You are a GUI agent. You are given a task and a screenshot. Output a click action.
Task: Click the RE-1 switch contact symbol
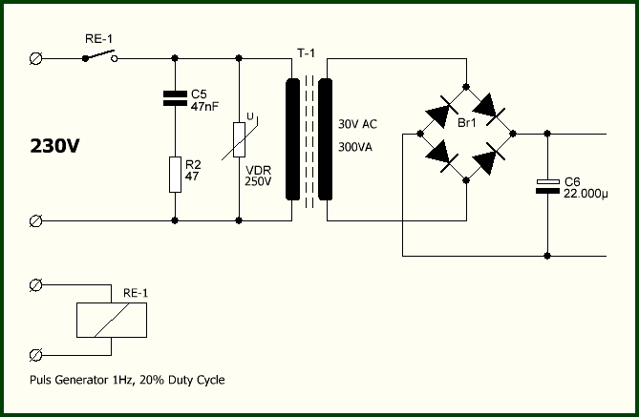pos(100,56)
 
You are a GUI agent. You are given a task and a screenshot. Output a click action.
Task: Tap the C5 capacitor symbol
pos(175,98)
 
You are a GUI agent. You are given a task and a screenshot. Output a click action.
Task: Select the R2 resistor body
pos(175,175)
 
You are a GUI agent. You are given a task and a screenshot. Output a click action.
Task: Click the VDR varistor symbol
pos(239,139)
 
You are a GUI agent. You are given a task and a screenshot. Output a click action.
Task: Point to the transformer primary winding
pos(292,139)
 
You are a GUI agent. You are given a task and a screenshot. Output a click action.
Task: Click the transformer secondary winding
pos(325,139)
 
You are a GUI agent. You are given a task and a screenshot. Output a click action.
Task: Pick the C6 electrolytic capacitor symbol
pos(547,186)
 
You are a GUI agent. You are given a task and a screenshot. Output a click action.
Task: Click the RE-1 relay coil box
pos(112,320)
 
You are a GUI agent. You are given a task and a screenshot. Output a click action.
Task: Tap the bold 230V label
pos(55,146)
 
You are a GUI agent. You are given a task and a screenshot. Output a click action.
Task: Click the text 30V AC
pos(357,124)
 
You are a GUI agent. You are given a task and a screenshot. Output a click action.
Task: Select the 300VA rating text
pos(355,147)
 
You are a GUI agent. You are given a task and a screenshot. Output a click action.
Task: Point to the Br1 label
pos(467,122)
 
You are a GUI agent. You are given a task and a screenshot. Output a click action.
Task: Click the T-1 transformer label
pos(306,53)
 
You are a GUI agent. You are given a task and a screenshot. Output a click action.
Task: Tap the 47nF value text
pos(204,107)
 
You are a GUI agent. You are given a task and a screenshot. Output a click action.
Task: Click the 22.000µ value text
pos(586,194)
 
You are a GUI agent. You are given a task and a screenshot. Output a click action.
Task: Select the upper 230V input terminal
pos(36,58)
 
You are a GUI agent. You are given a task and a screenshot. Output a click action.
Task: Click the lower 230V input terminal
pos(36,221)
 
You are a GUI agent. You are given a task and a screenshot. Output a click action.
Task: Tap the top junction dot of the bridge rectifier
pos(466,87)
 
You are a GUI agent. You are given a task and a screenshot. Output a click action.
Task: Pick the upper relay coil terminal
pos(36,285)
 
